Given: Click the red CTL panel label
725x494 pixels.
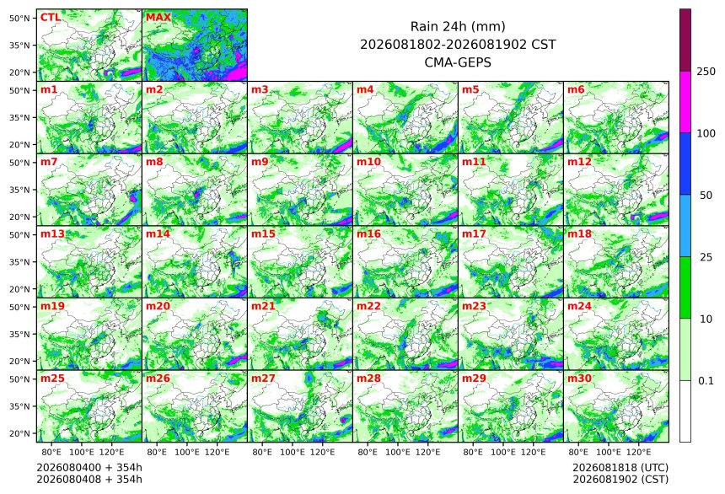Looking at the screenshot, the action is (x=51, y=17).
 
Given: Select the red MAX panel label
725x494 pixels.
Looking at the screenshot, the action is (x=158, y=17).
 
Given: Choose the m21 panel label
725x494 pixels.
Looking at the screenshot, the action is (x=263, y=306).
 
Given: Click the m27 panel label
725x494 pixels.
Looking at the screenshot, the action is (x=263, y=378).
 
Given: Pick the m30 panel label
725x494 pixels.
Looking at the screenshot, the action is (x=579, y=378).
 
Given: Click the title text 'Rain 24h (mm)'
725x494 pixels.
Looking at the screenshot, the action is (x=458, y=26).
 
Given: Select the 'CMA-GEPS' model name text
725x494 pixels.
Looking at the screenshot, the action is (x=458, y=62).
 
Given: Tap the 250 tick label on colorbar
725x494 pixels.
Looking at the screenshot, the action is (x=706, y=71).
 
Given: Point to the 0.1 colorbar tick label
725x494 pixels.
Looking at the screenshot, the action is (x=706, y=381).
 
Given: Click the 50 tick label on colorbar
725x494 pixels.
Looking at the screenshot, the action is (x=706, y=196).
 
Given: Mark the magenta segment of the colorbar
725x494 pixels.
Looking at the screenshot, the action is (x=685, y=102).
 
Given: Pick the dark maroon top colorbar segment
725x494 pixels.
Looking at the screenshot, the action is (x=685, y=40).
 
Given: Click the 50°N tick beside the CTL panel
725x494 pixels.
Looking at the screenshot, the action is (x=19, y=18).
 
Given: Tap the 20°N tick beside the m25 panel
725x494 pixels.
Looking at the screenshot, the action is (x=19, y=433).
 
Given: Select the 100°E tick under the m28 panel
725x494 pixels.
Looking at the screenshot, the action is (x=398, y=452).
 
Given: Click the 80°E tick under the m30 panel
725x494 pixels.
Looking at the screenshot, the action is (x=578, y=452).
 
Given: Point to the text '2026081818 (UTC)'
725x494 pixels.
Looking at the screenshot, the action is (x=620, y=468).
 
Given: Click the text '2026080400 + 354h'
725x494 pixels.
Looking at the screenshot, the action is (x=89, y=468).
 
